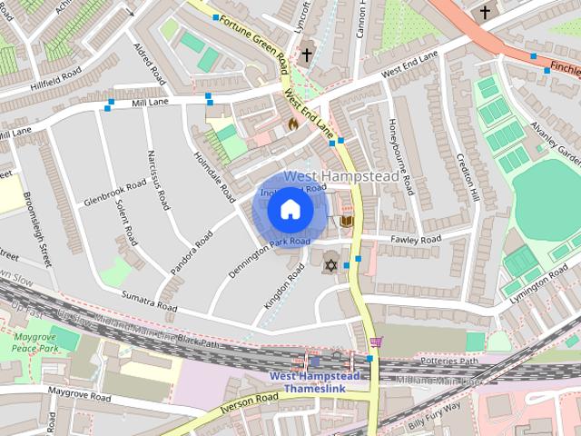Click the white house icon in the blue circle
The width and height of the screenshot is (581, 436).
[x=290, y=211]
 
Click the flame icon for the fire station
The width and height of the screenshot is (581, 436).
[x=292, y=123]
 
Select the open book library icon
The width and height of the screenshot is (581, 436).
[x=346, y=221]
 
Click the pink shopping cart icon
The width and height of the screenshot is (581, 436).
[x=376, y=342]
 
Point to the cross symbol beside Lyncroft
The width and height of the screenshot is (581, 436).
[x=307, y=54]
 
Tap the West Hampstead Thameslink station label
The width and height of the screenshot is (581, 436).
[x=314, y=382]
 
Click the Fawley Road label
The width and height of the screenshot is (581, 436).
[x=415, y=239]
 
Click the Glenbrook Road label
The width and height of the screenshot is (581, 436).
[x=114, y=192]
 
